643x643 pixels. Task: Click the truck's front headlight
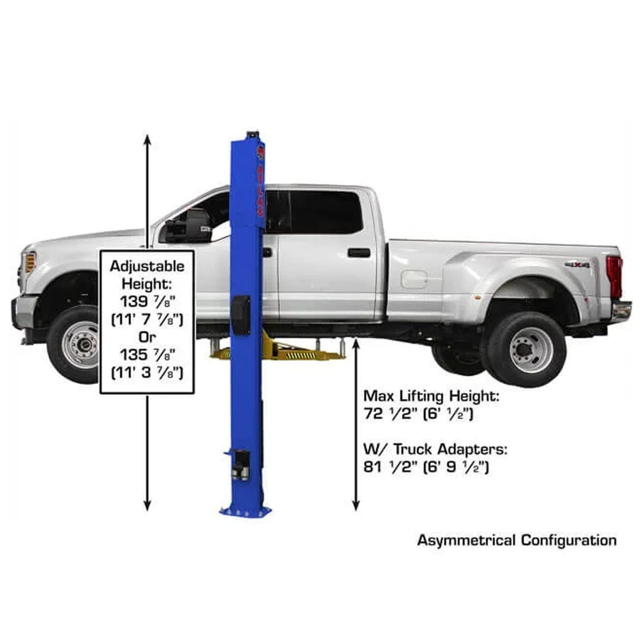pos(29,263)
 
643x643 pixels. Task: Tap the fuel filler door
pos(414,280)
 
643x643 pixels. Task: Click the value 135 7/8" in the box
pos(146,355)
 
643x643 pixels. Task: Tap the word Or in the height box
pos(146,337)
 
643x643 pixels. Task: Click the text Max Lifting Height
pos(431,397)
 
